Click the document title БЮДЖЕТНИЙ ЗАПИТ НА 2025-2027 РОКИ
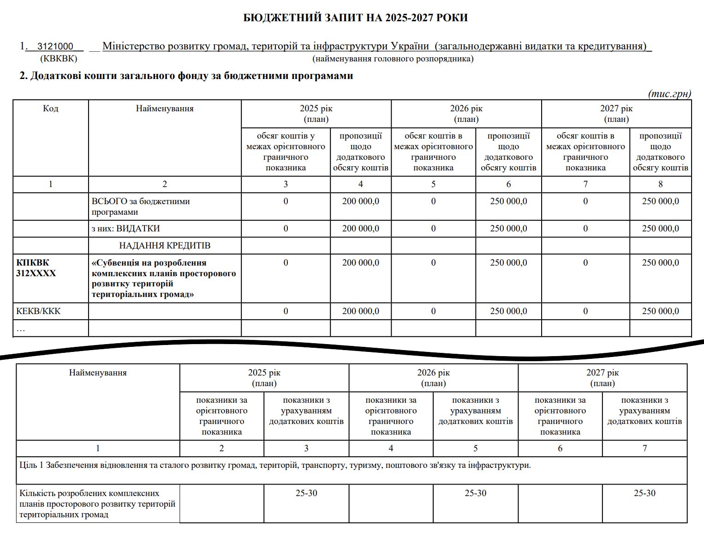click(355, 18)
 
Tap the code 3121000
click(55, 46)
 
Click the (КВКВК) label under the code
click(59, 59)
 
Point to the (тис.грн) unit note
click(669, 94)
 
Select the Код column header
click(50, 109)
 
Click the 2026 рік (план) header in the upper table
click(466, 114)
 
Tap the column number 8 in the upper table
click(660, 184)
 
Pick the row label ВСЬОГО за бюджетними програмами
click(141, 206)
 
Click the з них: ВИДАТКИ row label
click(125, 229)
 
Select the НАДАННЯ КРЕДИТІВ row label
click(165, 246)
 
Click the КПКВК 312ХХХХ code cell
click(36, 268)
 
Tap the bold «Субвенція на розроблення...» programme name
click(164, 278)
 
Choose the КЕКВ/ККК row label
click(38, 311)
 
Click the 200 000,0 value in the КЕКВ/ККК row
click(360, 311)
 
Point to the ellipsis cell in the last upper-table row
click(21, 328)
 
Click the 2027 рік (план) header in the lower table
click(603, 378)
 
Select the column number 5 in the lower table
click(475, 448)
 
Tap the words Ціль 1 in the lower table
click(32, 465)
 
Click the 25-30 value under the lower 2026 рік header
click(475, 493)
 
